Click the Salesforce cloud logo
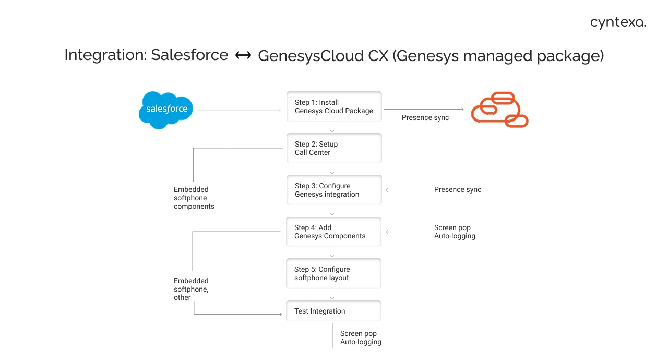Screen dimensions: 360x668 [166, 110]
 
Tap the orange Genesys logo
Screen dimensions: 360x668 [499, 110]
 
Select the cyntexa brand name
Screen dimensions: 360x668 [618, 22]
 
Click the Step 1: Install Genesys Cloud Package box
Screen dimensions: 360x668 [334, 106]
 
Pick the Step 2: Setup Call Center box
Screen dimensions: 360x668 [334, 148]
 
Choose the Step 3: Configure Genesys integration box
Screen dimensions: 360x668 [334, 190]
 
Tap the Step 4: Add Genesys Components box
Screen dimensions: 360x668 [334, 232]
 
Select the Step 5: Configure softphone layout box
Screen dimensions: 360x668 [334, 273]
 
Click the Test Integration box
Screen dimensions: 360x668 [334, 311]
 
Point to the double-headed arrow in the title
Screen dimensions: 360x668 [243, 55]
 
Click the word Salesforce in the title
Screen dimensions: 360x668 [189, 55]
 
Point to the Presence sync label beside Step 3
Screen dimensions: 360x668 [457, 190]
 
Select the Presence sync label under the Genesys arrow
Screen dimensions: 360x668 [425, 118]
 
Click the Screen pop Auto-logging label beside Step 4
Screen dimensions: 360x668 [455, 232]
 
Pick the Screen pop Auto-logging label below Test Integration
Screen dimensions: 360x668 [361, 338]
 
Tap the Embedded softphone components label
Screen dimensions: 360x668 [194, 198]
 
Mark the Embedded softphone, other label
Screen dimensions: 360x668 [191, 289]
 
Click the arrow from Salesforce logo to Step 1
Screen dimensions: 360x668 [240, 110]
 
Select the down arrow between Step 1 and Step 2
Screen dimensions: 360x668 [332, 127]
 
